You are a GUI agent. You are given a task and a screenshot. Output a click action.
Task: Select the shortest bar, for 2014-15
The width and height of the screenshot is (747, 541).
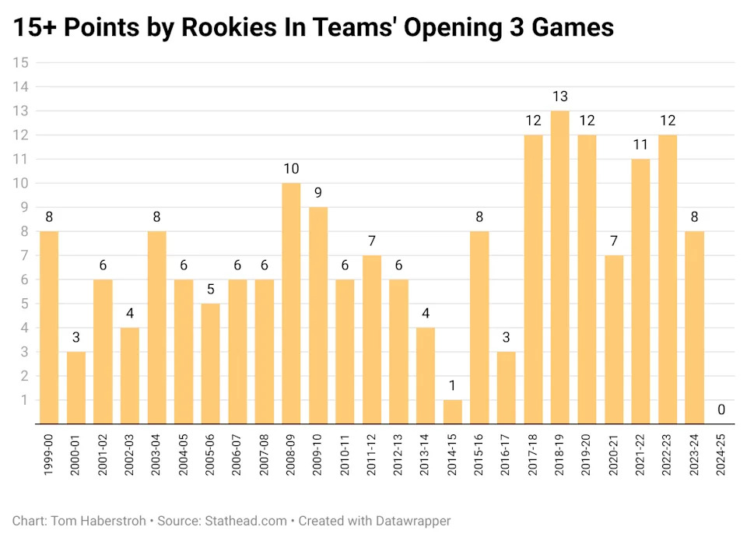pos(452,412)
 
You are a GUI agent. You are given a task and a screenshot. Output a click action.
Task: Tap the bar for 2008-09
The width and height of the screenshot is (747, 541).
pos(290,304)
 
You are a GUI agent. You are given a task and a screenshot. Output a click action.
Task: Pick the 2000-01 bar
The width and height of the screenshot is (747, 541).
pos(76,388)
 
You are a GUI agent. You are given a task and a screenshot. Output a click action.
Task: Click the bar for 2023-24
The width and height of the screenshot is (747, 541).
pos(694,328)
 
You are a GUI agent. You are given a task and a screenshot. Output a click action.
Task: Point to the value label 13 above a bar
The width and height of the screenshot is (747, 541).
pos(559,97)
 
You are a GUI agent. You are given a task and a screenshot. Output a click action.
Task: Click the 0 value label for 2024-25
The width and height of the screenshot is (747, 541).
pos(721,410)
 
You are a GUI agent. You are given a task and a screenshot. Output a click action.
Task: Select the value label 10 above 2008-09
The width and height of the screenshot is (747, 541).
pos(290,169)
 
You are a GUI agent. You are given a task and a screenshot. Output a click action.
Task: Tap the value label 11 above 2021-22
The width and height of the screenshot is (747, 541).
pos(640,145)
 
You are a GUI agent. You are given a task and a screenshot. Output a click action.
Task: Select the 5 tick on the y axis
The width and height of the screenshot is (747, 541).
pos(24,304)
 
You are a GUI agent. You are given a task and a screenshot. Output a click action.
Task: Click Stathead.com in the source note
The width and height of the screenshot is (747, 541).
pos(247,521)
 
